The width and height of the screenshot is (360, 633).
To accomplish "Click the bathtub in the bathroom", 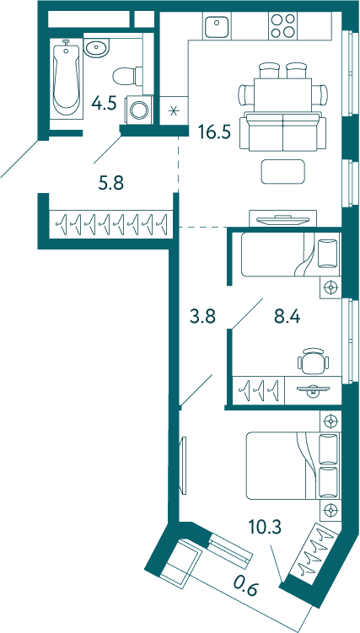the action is click(67, 78).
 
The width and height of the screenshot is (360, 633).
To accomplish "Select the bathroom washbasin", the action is click(96, 48).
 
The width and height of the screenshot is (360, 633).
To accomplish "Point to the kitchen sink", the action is click(217, 25).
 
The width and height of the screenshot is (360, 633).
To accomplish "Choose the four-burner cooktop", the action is click(282, 25).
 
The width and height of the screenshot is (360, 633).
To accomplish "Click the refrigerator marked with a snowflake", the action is click(174, 110).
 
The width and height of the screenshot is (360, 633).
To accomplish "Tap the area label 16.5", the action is click(214, 131).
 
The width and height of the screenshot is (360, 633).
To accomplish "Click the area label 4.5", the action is click(104, 104).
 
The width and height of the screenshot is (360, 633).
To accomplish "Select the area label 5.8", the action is click(111, 184).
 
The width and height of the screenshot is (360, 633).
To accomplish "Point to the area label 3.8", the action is click(203, 317).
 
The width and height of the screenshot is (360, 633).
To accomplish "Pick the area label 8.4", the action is click(287, 317).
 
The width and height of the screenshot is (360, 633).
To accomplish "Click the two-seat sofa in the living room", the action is click(282, 132).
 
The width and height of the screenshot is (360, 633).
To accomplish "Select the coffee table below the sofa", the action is click(282, 171).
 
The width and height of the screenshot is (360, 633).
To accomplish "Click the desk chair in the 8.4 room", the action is click(312, 360).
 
